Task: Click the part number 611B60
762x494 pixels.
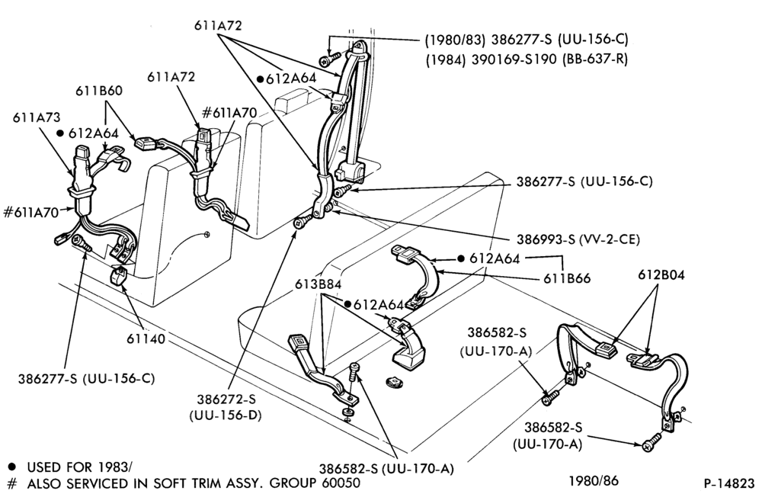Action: pos(98,91)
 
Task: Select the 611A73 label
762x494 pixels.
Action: pos(37,117)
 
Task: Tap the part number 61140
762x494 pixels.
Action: pos(146,338)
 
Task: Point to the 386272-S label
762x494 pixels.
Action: pos(226,399)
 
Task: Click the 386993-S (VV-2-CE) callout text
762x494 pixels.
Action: pos(578,239)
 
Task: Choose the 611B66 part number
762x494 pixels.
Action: pos(567,278)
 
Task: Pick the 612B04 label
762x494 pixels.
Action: pos(661,275)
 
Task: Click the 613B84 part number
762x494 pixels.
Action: pos(318,284)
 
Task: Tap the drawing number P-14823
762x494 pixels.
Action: pos(729,484)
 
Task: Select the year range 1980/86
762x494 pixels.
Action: pos(594,481)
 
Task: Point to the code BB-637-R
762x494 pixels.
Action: pos(594,59)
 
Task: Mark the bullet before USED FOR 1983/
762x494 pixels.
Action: pos(12,467)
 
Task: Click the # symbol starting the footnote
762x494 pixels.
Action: pos(13,483)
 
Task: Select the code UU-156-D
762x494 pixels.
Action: pos(226,415)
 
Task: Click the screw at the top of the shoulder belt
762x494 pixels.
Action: pos(325,60)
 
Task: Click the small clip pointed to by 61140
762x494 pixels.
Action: pos(119,276)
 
